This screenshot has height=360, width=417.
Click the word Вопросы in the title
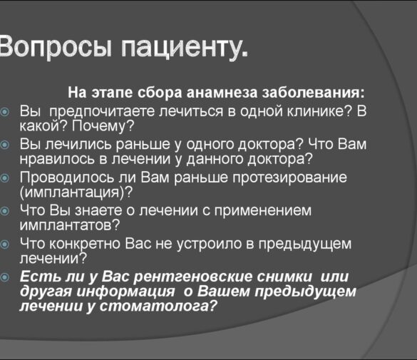[x=55, y=46]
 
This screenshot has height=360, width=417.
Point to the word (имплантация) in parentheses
[x=76, y=192]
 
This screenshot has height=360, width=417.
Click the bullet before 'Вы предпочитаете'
[x=6, y=113]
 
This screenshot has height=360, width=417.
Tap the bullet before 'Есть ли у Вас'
[x=6, y=277]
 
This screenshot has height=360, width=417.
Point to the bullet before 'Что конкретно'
[x=6, y=244]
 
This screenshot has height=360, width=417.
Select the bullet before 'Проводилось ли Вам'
[x=6, y=177]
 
